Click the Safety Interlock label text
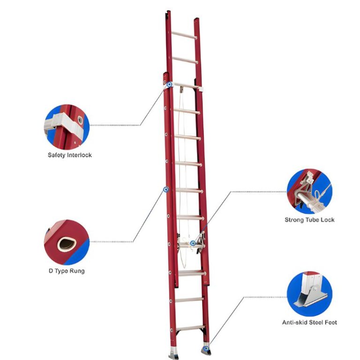point(69,155)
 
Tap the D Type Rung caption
point(67,271)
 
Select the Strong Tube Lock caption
point(309,220)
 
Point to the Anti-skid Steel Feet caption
point(309,322)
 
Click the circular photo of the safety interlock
point(67,127)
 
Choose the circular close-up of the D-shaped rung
point(67,242)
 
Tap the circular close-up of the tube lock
point(309,191)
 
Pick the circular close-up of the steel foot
point(309,294)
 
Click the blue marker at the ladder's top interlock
point(169,84)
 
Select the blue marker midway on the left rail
point(166,189)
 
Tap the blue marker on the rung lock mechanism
point(193,243)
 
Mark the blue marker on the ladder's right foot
point(206,349)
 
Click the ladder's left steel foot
point(173,353)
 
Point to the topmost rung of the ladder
point(184,35)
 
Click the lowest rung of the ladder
point(190,328)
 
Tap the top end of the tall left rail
point(169,11)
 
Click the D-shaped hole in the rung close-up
point(67,244)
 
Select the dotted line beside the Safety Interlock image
point(115,125)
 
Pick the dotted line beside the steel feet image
point(265,297)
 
